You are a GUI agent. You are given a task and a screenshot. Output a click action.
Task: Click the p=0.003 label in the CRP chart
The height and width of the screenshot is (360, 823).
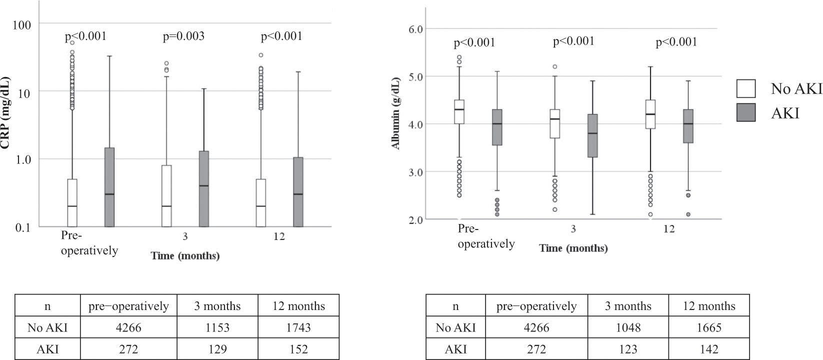point(183,36)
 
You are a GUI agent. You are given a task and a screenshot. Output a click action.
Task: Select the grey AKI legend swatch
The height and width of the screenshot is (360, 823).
point(745,112)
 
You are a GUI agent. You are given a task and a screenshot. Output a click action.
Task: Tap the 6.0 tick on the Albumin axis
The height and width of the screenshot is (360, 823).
point(415,29)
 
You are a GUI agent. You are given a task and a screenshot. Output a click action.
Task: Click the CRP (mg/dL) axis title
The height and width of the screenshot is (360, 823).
point(5,112)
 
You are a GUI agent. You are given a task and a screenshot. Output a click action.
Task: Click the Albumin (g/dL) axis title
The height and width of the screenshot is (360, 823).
point(396,113)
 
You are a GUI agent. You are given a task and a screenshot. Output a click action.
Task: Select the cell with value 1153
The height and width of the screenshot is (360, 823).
point(217,327)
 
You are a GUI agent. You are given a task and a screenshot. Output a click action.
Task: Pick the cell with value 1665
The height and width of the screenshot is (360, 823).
point(708,327)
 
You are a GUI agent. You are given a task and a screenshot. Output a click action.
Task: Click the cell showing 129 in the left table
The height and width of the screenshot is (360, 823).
point(217,349)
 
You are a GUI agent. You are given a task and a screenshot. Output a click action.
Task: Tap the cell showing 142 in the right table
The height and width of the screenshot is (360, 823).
point(708,349)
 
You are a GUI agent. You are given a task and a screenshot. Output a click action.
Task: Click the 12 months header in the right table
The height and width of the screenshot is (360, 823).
point(708,306)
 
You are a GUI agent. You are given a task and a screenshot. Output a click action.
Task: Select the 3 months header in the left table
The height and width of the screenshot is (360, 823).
point(217,306)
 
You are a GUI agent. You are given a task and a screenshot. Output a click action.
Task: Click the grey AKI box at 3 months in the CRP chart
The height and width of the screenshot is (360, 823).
point(203,189)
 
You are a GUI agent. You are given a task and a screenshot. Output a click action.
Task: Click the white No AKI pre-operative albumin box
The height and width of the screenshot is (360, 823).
point(459,111)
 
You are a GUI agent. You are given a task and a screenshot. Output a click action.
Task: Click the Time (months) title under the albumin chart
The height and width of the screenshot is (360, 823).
point(573,248)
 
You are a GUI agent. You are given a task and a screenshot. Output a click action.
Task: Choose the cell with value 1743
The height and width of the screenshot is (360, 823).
point(298,327)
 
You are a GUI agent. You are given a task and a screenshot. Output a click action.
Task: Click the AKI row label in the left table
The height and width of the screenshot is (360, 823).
point(47,349)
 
